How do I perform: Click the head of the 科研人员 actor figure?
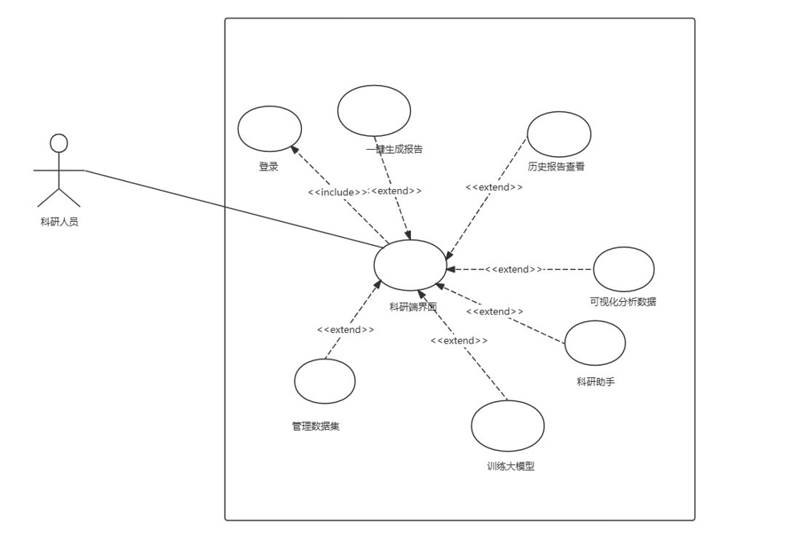click(58, 143)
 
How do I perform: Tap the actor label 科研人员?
click(59, 222)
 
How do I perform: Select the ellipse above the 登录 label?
click(270, 128)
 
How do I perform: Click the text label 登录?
click(268, 167)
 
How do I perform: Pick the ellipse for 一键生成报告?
click(374, 110)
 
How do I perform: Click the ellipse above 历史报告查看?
click(559, 134)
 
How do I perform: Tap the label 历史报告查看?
click(556, 167)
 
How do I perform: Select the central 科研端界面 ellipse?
click(410, 265)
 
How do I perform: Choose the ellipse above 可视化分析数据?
click(623, 269)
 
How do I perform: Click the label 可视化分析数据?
click(622, 302)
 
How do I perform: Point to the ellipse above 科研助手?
click(595, 343)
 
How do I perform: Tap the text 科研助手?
click(596, 382)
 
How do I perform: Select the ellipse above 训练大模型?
click(508, 426)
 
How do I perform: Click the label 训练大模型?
click(510, 466)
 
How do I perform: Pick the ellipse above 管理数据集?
click(324, 381)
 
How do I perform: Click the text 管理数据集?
click(316, 426)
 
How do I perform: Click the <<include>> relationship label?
click(337, 192)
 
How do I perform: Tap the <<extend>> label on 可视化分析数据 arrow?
click(513, 269)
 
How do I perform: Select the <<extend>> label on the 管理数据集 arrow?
click(345, 330)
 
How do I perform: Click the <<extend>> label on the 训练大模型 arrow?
click(459, 340)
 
